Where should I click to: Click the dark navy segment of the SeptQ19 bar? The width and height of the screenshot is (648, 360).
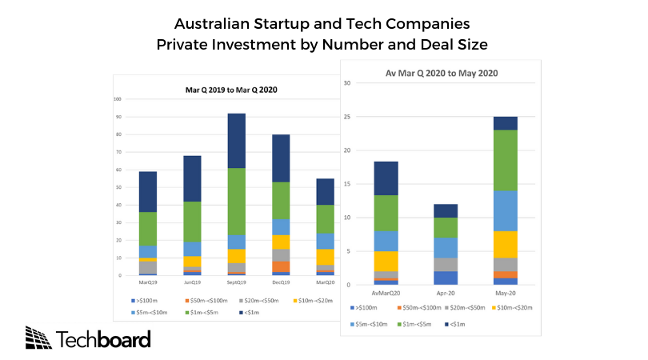click(237, 141)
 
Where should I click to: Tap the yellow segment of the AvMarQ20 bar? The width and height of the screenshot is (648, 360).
click(386, 262)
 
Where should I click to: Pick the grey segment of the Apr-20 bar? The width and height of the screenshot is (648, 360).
click(446, 264)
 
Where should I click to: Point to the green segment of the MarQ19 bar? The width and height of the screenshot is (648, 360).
click(148, 229)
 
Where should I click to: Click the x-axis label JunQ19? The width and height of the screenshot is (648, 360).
click(192, 282)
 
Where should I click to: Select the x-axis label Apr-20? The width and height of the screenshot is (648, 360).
click(446, 292)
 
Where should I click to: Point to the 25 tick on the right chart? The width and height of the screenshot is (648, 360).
click(346, 116)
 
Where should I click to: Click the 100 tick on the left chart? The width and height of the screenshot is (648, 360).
click(118, 100)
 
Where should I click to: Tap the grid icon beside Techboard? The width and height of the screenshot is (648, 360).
click(38, 338)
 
